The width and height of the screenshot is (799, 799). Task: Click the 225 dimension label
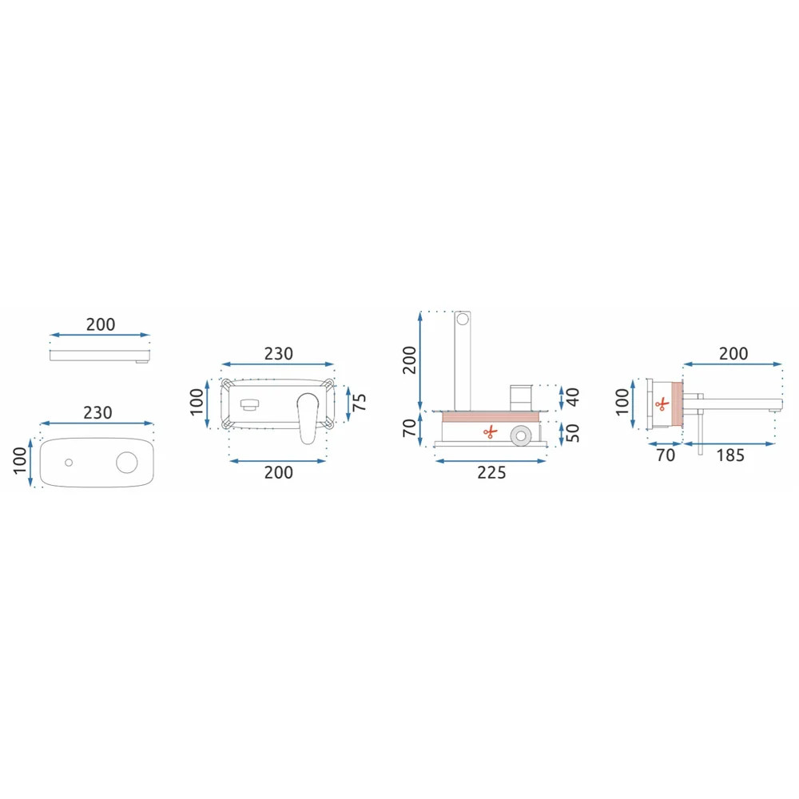[x=491, y=472]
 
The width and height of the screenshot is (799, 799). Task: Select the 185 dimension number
[x=730, y=455]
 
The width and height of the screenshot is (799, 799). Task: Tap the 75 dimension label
[x=360, y=403]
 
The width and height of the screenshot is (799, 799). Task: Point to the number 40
[x=573, y=397]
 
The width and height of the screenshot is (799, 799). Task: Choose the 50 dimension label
[x=573, y=432]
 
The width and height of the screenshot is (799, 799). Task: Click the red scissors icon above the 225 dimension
[x=490, y=432]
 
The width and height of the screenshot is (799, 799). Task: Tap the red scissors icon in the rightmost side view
[x=662, y=404]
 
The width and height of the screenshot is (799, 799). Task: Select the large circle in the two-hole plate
[x=126, y=462]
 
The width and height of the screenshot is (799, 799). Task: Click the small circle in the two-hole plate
[x=69, y=463]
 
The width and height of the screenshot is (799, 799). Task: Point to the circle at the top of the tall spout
[x=462, y=320]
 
